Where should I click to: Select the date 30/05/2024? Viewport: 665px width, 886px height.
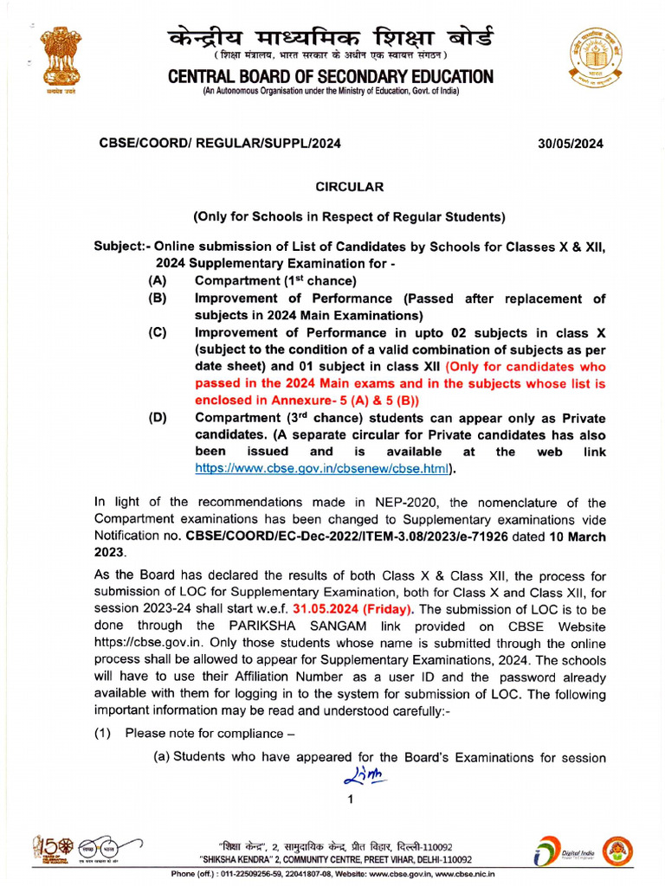(x=570, y=144)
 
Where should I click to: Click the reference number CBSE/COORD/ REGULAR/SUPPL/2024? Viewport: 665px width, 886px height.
(x=221, y=144)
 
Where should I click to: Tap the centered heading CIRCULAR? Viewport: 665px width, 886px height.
(x=349, y=186)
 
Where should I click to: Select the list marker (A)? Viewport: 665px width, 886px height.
(x=158, y=281)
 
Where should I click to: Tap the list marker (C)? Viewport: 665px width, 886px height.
(x=158, y=333)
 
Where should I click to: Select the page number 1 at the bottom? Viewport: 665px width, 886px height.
(x=350, y=799)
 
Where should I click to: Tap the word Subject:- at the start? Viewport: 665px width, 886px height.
(x=122, y=247)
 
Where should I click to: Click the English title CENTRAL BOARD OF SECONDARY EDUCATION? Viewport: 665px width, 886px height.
(x=332, y=76)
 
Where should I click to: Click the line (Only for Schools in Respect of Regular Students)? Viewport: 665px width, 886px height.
(x=349, y=216)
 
